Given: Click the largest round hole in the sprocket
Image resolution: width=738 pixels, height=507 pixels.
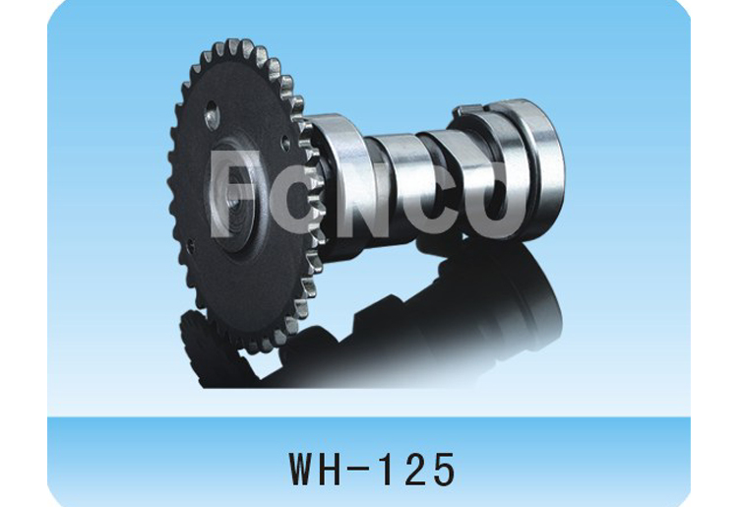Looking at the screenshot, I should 212,120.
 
